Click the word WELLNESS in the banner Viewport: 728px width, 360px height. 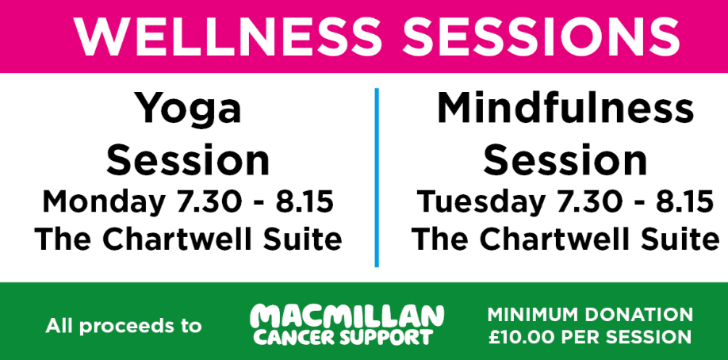(x=228, y=37)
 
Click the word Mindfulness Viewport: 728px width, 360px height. (x=565, y=108)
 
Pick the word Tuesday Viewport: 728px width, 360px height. (x=480, y=202)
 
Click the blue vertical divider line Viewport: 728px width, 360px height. (x=377, y=178)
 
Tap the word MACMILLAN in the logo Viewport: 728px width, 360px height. (x=347, y=317)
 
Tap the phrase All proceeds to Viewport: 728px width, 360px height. (x=124, y=326)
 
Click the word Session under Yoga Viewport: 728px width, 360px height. (x=188, y=160)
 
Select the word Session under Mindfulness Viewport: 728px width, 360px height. (x=565, y=160)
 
